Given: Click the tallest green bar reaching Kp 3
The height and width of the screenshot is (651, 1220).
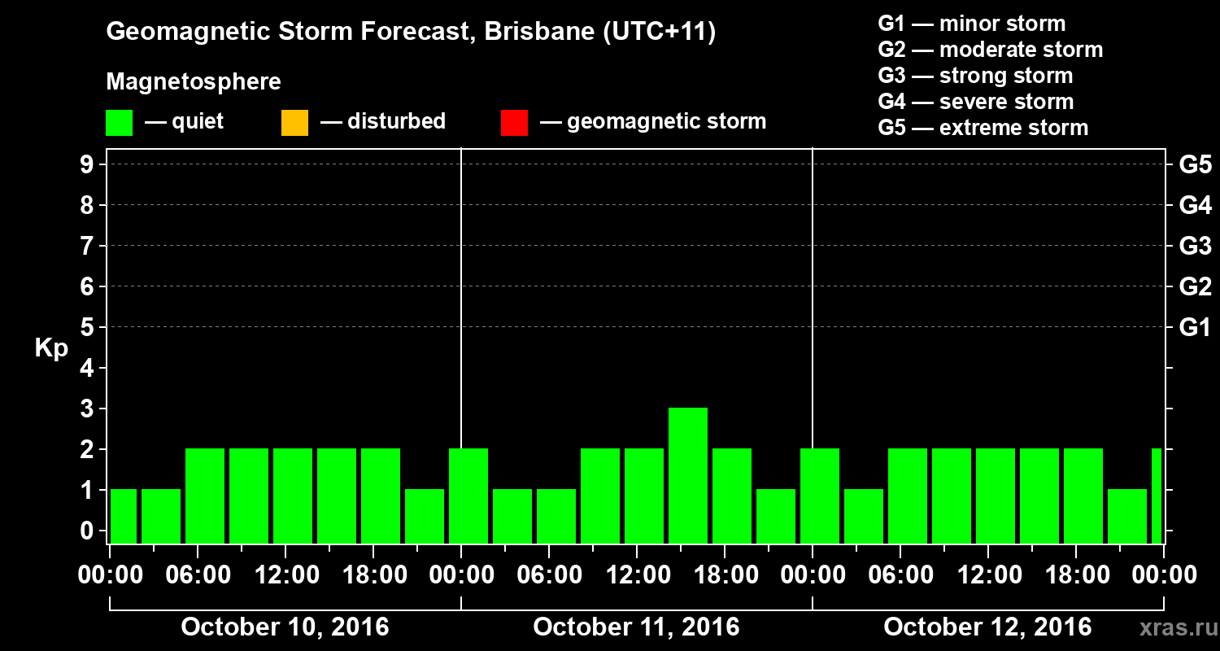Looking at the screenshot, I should click(x=688, y=474).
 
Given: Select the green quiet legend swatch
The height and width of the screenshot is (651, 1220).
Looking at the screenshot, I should click(x=119, y=122).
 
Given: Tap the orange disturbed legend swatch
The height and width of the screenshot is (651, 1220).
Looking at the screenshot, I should click(x=294, y=122).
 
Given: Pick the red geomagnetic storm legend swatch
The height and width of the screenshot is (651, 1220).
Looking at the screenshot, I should click(x=514, y=122).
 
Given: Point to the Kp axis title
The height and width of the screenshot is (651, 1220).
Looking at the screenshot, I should click(x=51, y=348).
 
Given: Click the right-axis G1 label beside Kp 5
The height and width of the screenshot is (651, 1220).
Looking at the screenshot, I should click(x=1195, y=328).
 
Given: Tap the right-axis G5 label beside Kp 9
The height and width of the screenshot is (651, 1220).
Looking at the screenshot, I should click(x=1195, y=165).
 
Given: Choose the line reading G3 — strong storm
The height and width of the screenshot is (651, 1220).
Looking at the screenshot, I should click(x=975, y=76).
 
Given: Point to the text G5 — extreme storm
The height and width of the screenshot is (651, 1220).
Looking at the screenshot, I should click(x=983, y=128).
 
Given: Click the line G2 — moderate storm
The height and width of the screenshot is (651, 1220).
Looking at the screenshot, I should click(x=990, y=50).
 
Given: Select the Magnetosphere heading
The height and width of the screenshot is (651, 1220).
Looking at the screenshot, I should click(x=194, y=82).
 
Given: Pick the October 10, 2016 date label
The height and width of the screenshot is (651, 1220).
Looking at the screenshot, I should click(x=285, y=627).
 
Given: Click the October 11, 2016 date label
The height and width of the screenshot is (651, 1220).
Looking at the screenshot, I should click(x=636, y=627).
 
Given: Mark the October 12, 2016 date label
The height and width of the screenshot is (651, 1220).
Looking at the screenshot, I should click(x=987, y=627).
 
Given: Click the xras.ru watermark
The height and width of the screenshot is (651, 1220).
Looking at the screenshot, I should click(x=1172, y=628).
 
